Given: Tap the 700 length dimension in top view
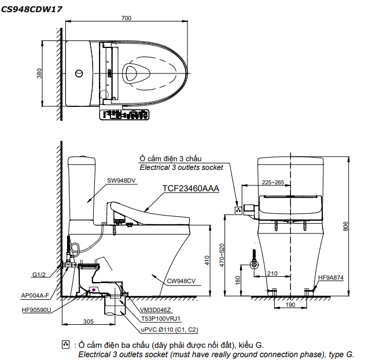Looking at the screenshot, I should (x=126, y=18).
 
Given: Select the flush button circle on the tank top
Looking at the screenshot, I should (x=80, y=73).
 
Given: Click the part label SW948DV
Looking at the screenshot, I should (x=121, y=180).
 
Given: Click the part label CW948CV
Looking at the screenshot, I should (x=182, y=281).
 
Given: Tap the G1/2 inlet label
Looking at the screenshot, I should (x=39, y=275).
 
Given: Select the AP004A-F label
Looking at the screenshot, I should (x=36, y=295).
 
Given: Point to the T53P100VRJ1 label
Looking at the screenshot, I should (x=163, y=318).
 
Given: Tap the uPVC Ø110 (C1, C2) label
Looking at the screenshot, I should (x=169, y=329).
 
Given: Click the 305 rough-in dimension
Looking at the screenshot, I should (x=89, y=322).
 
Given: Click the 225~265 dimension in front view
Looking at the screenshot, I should (x=273, y=183).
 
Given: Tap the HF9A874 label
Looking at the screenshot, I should (x=331, y=277).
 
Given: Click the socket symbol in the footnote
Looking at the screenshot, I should (x=65, y=345).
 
